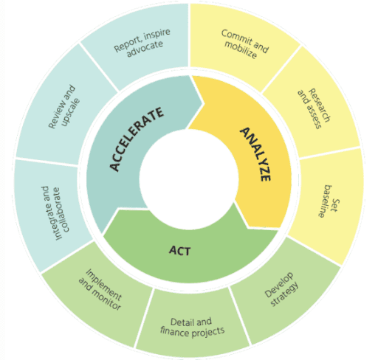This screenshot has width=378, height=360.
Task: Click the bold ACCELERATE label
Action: click(136, 139)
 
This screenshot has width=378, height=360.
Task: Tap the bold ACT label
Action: click(179, 251)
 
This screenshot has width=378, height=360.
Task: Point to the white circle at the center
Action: click(189, 179)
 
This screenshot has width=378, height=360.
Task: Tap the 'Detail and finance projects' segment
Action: click(193, 325)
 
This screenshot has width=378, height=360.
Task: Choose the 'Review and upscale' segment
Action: click(64, 105)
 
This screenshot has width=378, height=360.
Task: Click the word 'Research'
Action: click(320, 105)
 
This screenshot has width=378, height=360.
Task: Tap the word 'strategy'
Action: click(284, 294)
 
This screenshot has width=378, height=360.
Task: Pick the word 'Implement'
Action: click(104, 285)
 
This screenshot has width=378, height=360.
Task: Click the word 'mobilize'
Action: click(241, 49)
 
